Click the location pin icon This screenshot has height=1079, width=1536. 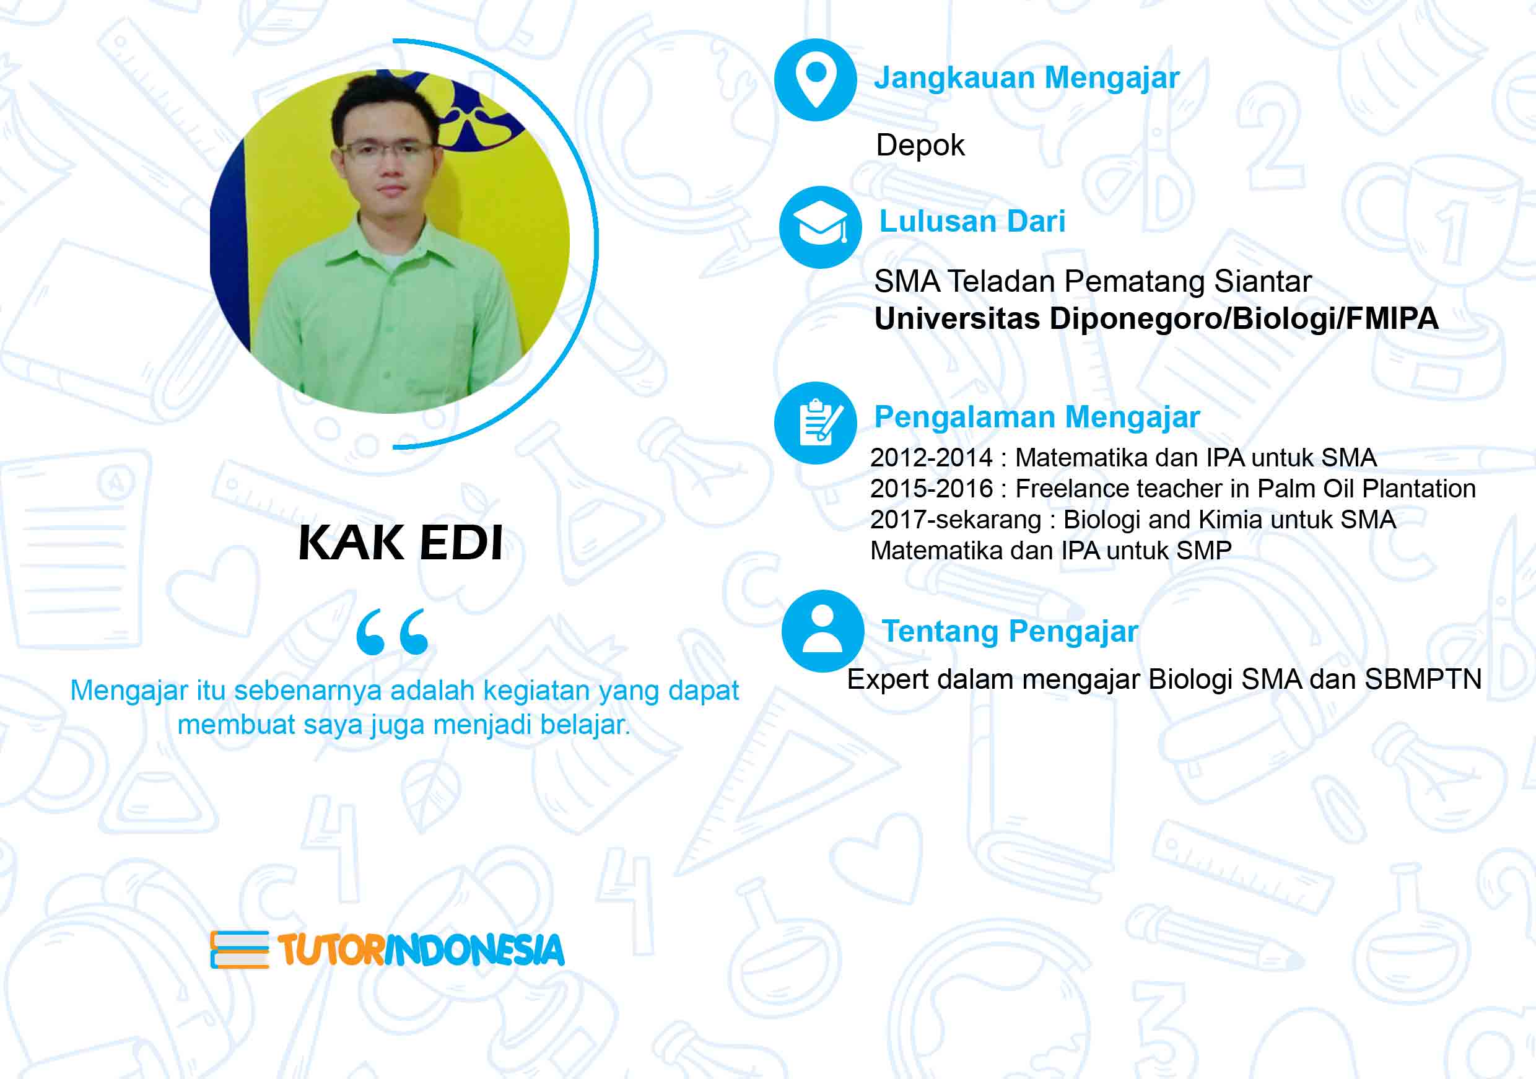pyautogui.click(x=816, y=81)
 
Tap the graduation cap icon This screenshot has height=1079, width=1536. pyautogui.click(x=820, y=227)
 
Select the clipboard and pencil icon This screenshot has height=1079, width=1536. pyautogui.click(x=816, y=423)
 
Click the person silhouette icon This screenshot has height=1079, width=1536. pyautogui.click(x=822, y=631)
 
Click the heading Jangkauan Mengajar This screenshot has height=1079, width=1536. pyautogui.click(x=1027, y=77)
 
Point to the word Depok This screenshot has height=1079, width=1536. pyautogui.click(x=920, y=145)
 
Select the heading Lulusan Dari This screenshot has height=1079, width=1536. pyautogui.click(x=972, y=221)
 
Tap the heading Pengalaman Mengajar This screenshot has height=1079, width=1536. pyautogui.click(x=1037, y=417)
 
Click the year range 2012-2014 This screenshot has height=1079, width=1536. pyautogui.click(x=932, y=458)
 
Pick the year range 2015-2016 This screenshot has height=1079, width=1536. pyautogui.click(x=932, y=488)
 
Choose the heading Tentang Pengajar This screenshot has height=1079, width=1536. pyautogui.click(x=1010, y=631)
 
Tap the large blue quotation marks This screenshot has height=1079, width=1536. pyautogui.click(x=392, y=631)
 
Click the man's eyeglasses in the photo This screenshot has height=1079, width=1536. pyautogui.click(x=386, y=151)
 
